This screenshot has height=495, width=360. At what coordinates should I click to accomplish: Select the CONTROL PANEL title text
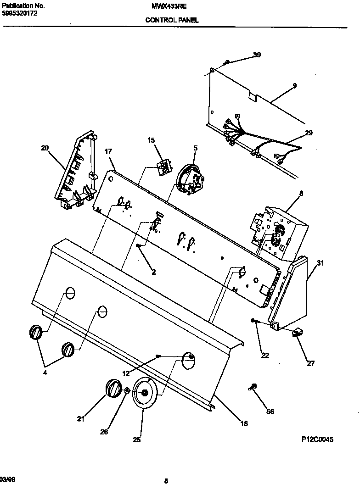[x=172, y=20]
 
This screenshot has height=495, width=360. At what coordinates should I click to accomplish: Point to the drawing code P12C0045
[x=317, y=439]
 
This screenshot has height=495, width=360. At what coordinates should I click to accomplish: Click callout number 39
[x=257, y=55]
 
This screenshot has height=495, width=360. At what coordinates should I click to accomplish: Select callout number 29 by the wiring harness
[x=308, y=133]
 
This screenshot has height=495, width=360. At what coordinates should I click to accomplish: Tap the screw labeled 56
[x=253, y=387]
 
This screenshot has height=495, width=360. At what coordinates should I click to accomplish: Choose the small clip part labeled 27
[x=296, y=334]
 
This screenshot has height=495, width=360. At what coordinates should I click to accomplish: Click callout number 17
[x=108, y=151]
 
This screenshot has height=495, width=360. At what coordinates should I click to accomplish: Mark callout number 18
[x=244, y=423]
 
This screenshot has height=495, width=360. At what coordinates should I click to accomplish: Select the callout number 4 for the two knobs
[x=45, y=373]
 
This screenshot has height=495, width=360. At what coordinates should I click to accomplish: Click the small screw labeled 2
[x=138, y=246]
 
